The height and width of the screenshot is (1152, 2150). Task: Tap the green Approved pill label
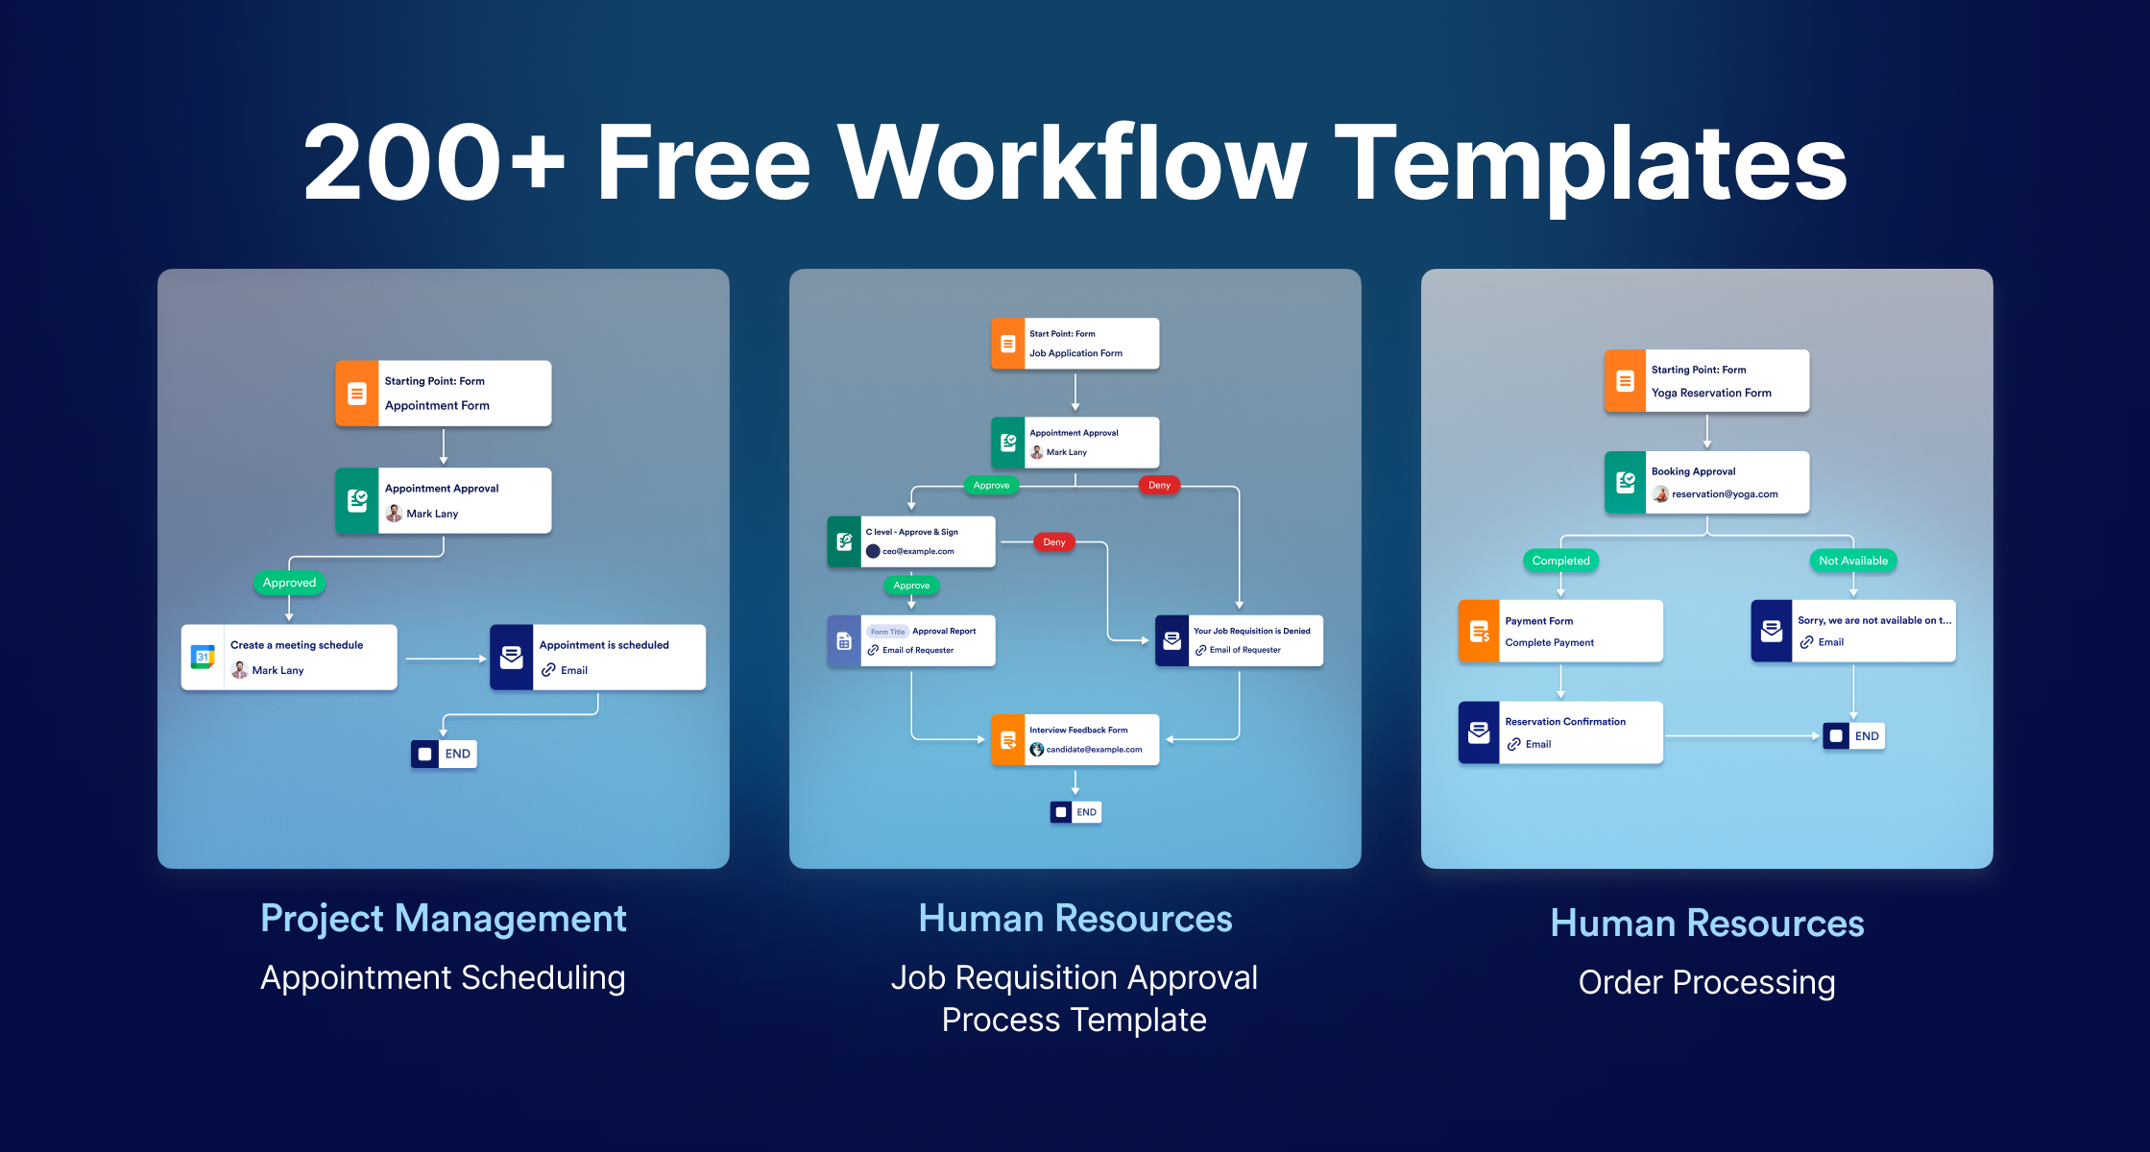click(x=289, y=583)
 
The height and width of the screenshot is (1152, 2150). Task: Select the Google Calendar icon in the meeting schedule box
click(x=203, y=658)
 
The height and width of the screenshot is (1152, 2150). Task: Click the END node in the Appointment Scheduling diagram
click(x=444, y=754)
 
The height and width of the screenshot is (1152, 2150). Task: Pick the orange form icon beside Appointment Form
click(x=356, y=394)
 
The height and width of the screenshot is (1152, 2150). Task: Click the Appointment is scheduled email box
click(x=597, y=658)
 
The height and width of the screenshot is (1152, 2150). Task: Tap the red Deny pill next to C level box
click(x=1054, y=542)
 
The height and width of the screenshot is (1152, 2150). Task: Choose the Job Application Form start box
click(x=1075, y=344)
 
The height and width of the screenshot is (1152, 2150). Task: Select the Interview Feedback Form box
click(x=1075, y=740)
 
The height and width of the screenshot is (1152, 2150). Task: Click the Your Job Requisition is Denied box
click(x=1239, y=640)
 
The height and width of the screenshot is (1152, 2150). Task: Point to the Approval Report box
click(x=911, y=640)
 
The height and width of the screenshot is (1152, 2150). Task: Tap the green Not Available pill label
click(x=1853, y=561)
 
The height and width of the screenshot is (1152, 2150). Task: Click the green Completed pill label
click(x=1560, y=561)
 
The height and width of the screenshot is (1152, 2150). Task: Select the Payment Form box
click(x=1560, y=631)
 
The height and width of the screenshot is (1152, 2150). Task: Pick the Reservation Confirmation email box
click(x=1560, y=732)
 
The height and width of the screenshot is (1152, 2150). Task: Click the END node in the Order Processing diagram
click(x=1854, y=736)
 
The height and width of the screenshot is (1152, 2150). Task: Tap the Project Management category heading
click(x=444, y=919)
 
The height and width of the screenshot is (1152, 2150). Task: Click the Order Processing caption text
click(x=1707, y=982)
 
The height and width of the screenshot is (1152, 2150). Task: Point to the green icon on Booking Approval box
click(x=1626, y=482)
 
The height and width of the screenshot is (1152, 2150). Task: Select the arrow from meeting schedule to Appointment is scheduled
click(x=447, y=659)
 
